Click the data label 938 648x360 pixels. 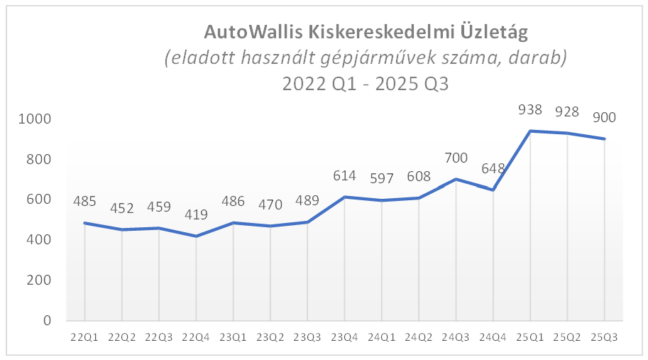click(530, 110)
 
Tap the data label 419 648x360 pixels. click(197, 214)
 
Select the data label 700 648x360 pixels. click(456, 158)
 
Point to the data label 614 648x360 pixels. click(345, 175)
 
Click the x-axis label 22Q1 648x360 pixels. click(84, 337)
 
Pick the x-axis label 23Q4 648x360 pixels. click(345, 337)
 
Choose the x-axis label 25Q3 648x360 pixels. click(605, 337)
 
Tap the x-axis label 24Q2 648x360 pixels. click(419, 337)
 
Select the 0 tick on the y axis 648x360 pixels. click(46, 321)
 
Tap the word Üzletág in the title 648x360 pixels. click(497, 32)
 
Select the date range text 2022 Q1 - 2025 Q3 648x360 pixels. click(366, 83)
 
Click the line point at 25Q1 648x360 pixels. click(530, 131)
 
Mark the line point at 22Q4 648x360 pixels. click(197, 236)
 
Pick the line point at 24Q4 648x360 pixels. click(493, 190)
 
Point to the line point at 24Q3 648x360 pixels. click(456, 179)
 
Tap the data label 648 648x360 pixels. click(493, 168)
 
